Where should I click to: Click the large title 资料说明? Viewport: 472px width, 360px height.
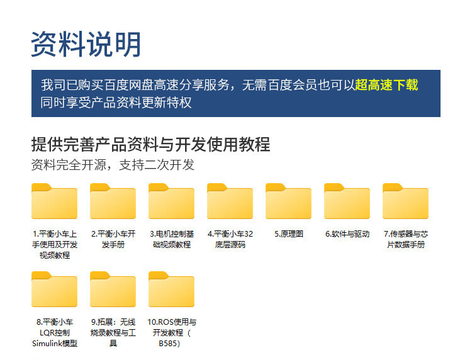pos(86,44)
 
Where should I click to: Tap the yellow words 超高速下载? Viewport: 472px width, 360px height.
pos(386,85)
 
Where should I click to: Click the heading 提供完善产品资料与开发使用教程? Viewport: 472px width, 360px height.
pos(151,144)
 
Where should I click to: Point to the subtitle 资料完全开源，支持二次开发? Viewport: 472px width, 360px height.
pos(113,165)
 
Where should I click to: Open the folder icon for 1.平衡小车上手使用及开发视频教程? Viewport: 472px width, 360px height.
pos(55,201)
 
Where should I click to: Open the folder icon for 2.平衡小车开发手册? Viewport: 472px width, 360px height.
pos(113,201)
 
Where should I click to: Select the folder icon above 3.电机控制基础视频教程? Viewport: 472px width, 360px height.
pos(172,201)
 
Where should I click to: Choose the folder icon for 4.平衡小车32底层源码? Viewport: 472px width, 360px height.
pos(230,201)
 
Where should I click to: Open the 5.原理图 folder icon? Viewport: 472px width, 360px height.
pos(288,201)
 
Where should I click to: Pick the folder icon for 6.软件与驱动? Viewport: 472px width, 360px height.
pos(347,201)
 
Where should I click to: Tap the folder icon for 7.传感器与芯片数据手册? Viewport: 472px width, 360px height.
pos(405,201)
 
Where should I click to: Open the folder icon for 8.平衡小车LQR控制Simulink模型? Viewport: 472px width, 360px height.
pos(55,290)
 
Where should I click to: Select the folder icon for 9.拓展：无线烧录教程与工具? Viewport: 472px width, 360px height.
pos(113,290)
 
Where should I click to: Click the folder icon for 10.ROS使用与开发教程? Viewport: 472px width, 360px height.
pos(172,290)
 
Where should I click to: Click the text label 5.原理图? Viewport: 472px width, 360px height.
pos(289,234)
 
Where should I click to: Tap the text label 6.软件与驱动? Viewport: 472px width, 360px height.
pos(347,234)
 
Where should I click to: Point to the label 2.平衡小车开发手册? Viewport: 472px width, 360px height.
pos(113,239)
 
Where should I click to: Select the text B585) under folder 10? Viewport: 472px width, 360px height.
pos(169,344)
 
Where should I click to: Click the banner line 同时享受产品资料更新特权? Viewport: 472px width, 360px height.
pos(116,103)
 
